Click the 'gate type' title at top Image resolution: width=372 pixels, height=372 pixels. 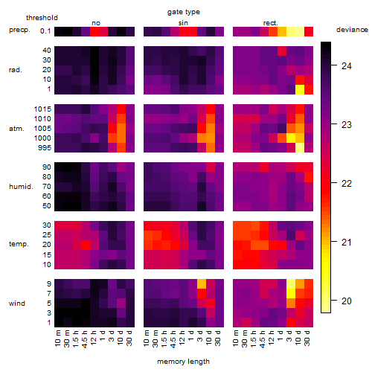[x=184, y=12]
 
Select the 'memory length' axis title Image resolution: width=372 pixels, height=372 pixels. [x=183, y=362]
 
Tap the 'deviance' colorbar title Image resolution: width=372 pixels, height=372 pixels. [x=352, y=30]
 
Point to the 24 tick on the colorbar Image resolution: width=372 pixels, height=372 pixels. [x=334, y=65]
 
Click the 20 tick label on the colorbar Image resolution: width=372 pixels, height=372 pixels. [x=347, y=301]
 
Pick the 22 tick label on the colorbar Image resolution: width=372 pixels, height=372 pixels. [x=347, y=184]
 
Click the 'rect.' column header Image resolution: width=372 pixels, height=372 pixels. [x=270, y=23]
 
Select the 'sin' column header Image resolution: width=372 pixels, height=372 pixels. [x=183, y=23]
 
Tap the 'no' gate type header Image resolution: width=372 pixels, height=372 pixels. [x=96, y=23]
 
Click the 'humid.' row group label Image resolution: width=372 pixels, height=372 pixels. [x=21, y=187]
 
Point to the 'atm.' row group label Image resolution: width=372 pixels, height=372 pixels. [x=16, y=129]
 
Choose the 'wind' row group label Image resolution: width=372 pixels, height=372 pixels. [x=17, y=304]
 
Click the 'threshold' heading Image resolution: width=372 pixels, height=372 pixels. [x=42, y=18]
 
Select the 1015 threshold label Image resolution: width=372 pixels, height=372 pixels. [x=42, y=109]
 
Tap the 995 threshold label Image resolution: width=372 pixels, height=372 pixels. [x=45, y=148]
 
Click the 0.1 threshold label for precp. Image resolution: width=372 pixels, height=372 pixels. [x=45, y=31]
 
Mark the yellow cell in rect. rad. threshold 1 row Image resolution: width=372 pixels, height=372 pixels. [x=300, y=89]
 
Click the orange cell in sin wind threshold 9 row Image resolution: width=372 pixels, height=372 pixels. [x=202, y=283]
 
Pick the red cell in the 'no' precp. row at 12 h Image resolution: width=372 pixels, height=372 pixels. [x=94, y=31]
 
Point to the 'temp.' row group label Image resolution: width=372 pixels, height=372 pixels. [x=19, y=244]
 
